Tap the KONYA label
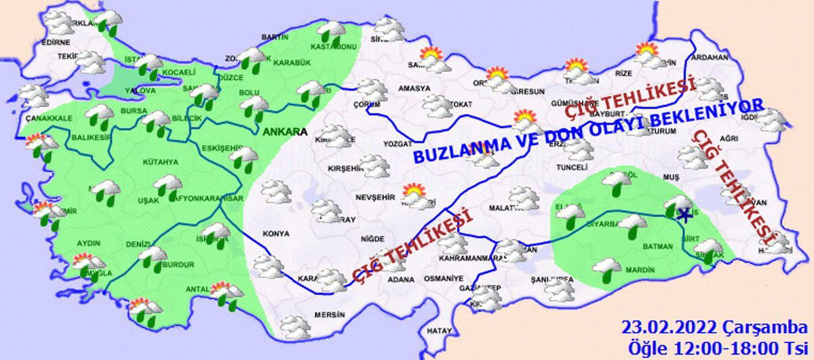click(x=275, y=233)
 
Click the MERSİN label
click(x=330, y=315)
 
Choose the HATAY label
click(x=439, y=331)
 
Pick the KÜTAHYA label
click(x=160, y=162)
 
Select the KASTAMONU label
click(x=333, y=47)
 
